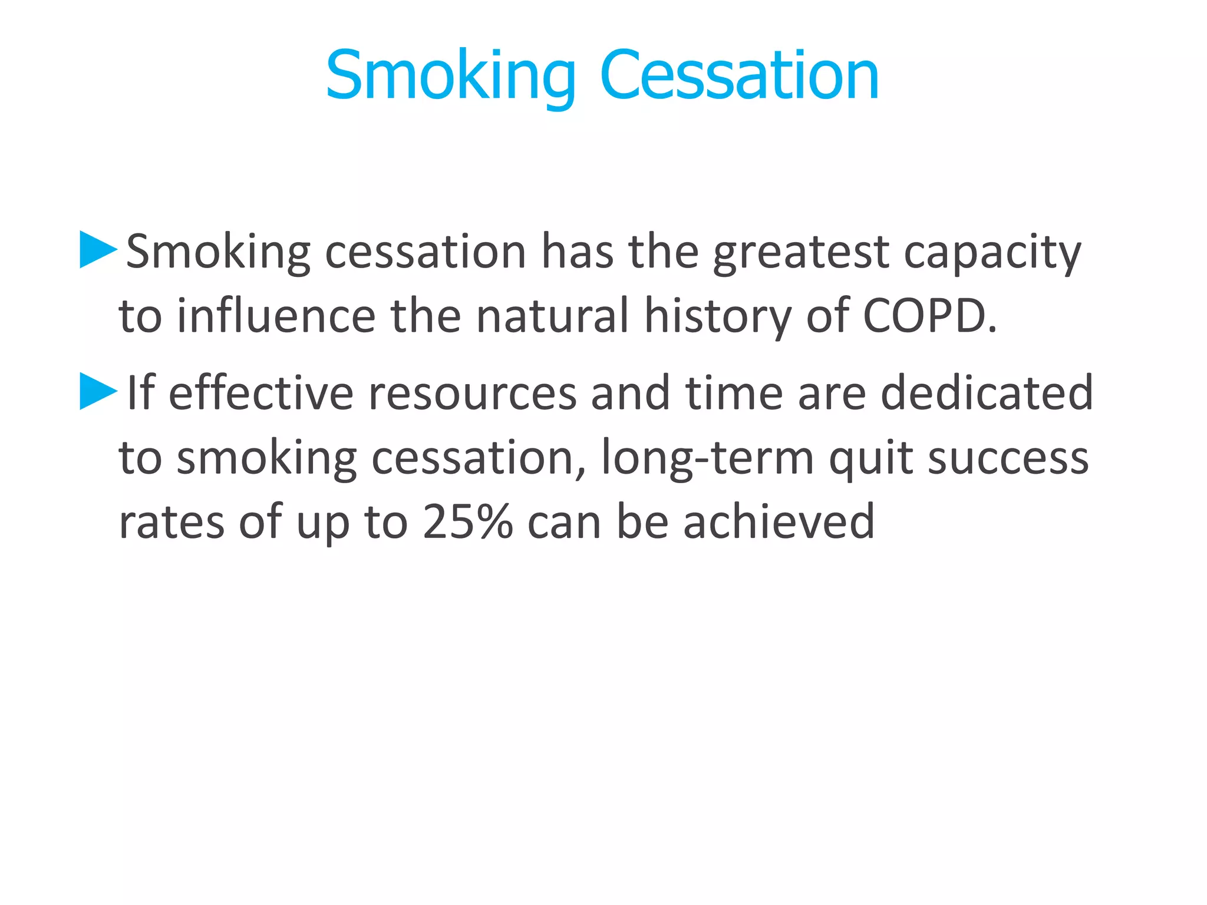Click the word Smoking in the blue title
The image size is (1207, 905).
click(x=450, y=77)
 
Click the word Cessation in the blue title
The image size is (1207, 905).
click(x=739, y=77)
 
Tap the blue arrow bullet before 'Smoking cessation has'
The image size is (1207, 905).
click(x=98, y=250)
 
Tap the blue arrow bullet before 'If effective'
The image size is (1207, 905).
click(x=98, y=391)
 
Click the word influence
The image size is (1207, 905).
click(x=276, y=316)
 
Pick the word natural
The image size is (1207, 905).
click(x=552, y=316)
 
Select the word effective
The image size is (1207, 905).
click(x=260, y=393)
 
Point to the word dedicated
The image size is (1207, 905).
click(x=987, y=393)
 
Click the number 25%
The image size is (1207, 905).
click(x=467, y=522)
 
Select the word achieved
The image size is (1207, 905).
click(x=779, y=522)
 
